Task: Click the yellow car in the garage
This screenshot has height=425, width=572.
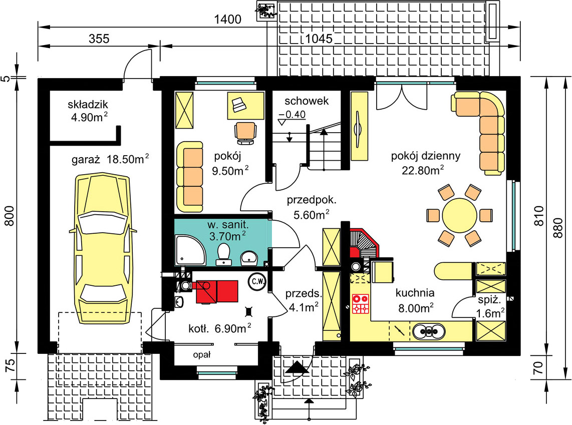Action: tap(103, 249)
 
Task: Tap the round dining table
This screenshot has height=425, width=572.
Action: tap(459, 215)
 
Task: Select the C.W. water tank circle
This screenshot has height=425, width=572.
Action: tap(258, 281)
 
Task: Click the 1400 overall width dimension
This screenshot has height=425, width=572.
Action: tap(227, 19)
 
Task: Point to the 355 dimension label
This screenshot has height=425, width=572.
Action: tap(99, 39)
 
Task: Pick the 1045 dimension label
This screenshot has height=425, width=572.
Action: tap(319, 38)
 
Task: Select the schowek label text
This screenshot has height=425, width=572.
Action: tap(307, 101)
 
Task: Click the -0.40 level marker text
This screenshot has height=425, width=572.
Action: tap(292, 115)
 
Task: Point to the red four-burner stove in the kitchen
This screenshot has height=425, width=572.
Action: tap(361, 304)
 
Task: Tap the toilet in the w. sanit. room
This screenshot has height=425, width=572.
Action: tap(223, 254)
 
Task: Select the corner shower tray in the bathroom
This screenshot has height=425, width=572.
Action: tap(190, 250)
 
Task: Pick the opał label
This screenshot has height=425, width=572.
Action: tap(202, 354)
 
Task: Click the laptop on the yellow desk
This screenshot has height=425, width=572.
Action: tap(238, 105)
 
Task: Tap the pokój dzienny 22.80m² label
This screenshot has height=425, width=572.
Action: tap(425, 163)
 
